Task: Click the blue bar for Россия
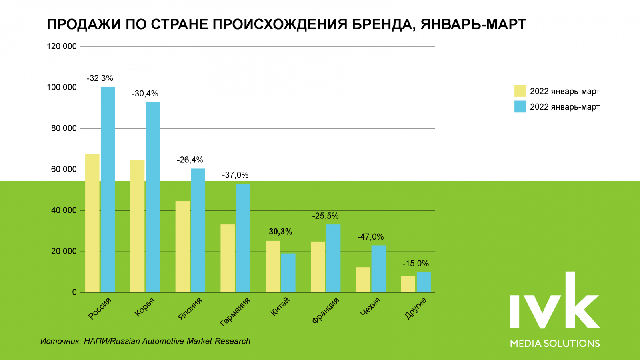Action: click(108, 190)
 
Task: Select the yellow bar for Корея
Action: click(137, 226)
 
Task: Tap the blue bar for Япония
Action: click(198, 230)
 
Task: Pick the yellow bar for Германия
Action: click(228, 258)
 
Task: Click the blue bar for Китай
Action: click(288, 273)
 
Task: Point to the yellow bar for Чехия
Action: click(363, 280)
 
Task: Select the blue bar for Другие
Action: click(424, 282)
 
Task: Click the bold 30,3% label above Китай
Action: click(280, 232)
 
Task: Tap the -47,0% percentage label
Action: click(370, 237)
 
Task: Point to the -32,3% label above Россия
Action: click(100, 78)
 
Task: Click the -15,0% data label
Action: click(416, 264)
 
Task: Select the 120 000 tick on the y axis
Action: click(62, 46)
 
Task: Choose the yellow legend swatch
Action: click(520, 91)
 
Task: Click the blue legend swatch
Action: click(520, 106)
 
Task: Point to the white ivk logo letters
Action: click(554, 301)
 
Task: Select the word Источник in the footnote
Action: click(60, 341)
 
